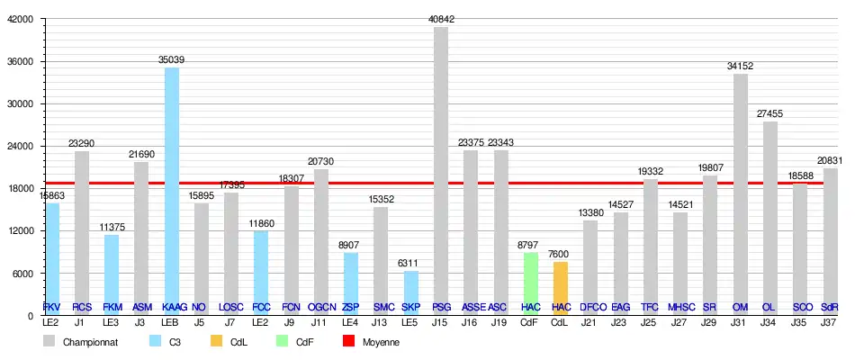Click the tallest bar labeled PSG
(x=441, y=171)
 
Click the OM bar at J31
(x=741, y=193)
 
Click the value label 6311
(x=410, y=264)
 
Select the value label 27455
(x=770, y=114)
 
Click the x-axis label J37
(x=830, y=321)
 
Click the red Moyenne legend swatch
(x=349, y=342)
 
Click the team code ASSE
(x=471, y=308)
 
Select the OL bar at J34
(x=770, y=216)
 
